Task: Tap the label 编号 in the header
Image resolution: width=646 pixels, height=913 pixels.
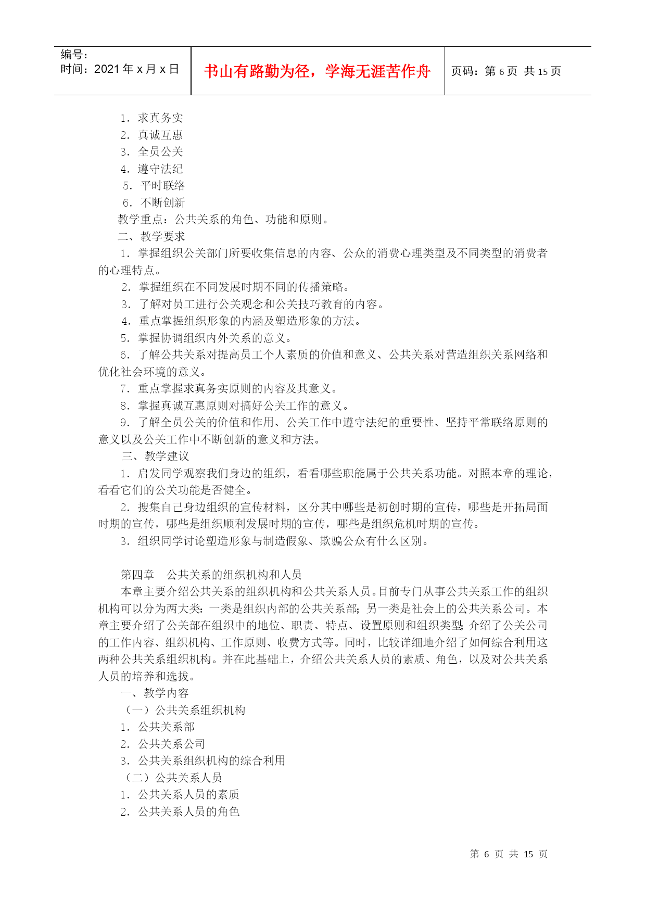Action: pyautogui.click(x=73, y=55)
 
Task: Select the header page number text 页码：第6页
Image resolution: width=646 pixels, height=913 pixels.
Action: pyautogui.click(x=484, y=71)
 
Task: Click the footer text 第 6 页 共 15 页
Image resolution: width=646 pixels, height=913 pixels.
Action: pyautogui.click(x=508, y=854)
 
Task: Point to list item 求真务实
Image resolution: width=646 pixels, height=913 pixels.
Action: pyautogui.click(x=160, y=118)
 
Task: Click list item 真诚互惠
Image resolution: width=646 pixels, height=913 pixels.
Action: pyautogui.click(x=160, y=135)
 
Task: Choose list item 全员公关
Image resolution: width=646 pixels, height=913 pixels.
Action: pyautogui.click(x=160, y=152)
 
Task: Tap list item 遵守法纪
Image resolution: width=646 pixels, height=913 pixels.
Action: pyautogui.click(x=160, y=169)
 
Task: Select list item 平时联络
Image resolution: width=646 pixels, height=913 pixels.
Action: pyautogui.click(x=162, y=186)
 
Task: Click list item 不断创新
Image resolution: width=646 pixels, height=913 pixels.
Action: pyautogui.click(x=162, y=202)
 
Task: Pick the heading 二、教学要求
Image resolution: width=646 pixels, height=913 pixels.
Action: pyautogui.click(x=151, y=236)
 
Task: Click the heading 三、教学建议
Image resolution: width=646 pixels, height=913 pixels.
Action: pyautogui.click(x=156, y=456)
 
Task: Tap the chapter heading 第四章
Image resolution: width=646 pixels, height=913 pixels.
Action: pyautogui.click(x=137, y=575)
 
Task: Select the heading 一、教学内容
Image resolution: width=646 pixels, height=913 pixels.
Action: pyautogui.click(x=155, y=693)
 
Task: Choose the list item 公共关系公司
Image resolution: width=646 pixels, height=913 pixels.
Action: pyautogui.click(x=171, y=744)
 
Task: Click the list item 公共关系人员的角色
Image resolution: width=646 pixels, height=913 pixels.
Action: pyautogui.click(x=188, y=811)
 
